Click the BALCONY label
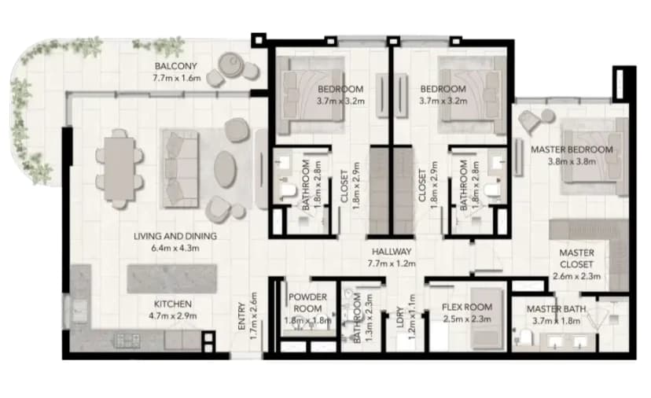(175, 66)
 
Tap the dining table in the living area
(120, 168)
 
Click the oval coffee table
(225, 169)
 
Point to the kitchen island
(171, 278)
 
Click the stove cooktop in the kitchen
(127, 341)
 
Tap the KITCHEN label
(173, 304)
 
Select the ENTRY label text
(241, 316)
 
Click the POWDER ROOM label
(307, 303)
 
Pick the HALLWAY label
(392, 252)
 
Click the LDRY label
(400, 317)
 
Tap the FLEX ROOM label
(467, 308)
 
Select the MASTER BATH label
(557, 309)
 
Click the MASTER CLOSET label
(576, 259)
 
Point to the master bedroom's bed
(594, 157)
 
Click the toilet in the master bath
(524, 336)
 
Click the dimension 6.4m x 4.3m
(175, 249)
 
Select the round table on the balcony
(230, 65)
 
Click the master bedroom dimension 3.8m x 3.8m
(572, 161)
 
